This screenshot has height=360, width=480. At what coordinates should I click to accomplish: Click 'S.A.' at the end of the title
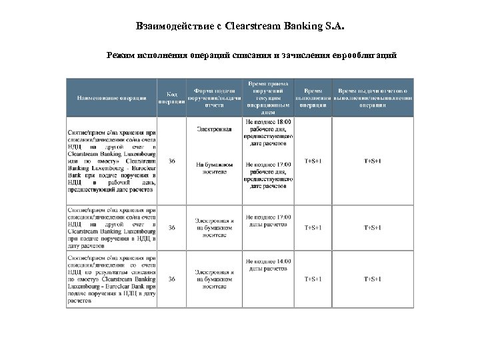[x=336, y=27]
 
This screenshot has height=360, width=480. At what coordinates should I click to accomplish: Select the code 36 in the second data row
[x=172, y=227]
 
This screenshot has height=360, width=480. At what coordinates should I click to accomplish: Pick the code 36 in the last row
[x=172, y=278]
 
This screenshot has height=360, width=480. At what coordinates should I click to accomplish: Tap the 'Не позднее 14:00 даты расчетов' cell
[x=269, y=265]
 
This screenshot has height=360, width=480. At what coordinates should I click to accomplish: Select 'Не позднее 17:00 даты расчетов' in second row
[x=269, y=220]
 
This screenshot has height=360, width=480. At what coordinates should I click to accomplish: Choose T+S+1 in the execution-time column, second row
[x=313, y=227]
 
